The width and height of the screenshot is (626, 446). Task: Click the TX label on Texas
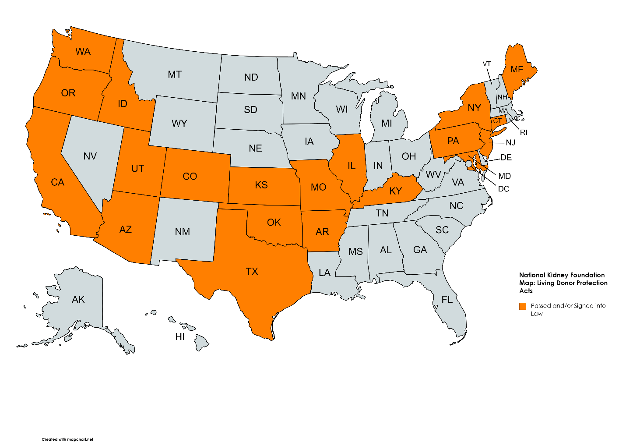(x=252, y=271)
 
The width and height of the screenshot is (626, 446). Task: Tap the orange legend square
(x=522, y=306)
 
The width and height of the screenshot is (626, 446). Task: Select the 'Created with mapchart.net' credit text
(x=67, y=439)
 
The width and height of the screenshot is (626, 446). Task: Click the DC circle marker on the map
(x=468, y=163)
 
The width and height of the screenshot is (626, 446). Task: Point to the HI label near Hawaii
(x=180, y=336)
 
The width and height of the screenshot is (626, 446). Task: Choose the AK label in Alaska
(x=78, y=299)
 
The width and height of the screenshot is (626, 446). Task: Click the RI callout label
(x=524, y=132)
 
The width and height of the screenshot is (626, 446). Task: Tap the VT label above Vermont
(x=487, y=64)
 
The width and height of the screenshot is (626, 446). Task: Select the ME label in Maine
(x=517, y=69)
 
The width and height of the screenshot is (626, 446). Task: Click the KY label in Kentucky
(x=395, y=191)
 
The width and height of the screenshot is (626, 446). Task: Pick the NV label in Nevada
(x=90, y=156)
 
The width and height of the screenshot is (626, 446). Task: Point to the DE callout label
(x=506, y=157)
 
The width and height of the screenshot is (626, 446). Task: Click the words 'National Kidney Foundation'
(x=562, y=275)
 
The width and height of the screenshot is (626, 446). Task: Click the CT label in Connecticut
(x=497, y=121)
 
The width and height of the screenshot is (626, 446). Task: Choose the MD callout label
(x=504, y=176)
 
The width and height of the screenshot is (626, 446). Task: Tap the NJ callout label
(x=510, y=142)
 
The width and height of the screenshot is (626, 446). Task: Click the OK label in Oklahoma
(x=274, y=222)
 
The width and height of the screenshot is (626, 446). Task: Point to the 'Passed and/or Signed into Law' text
(x=568, y=309)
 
